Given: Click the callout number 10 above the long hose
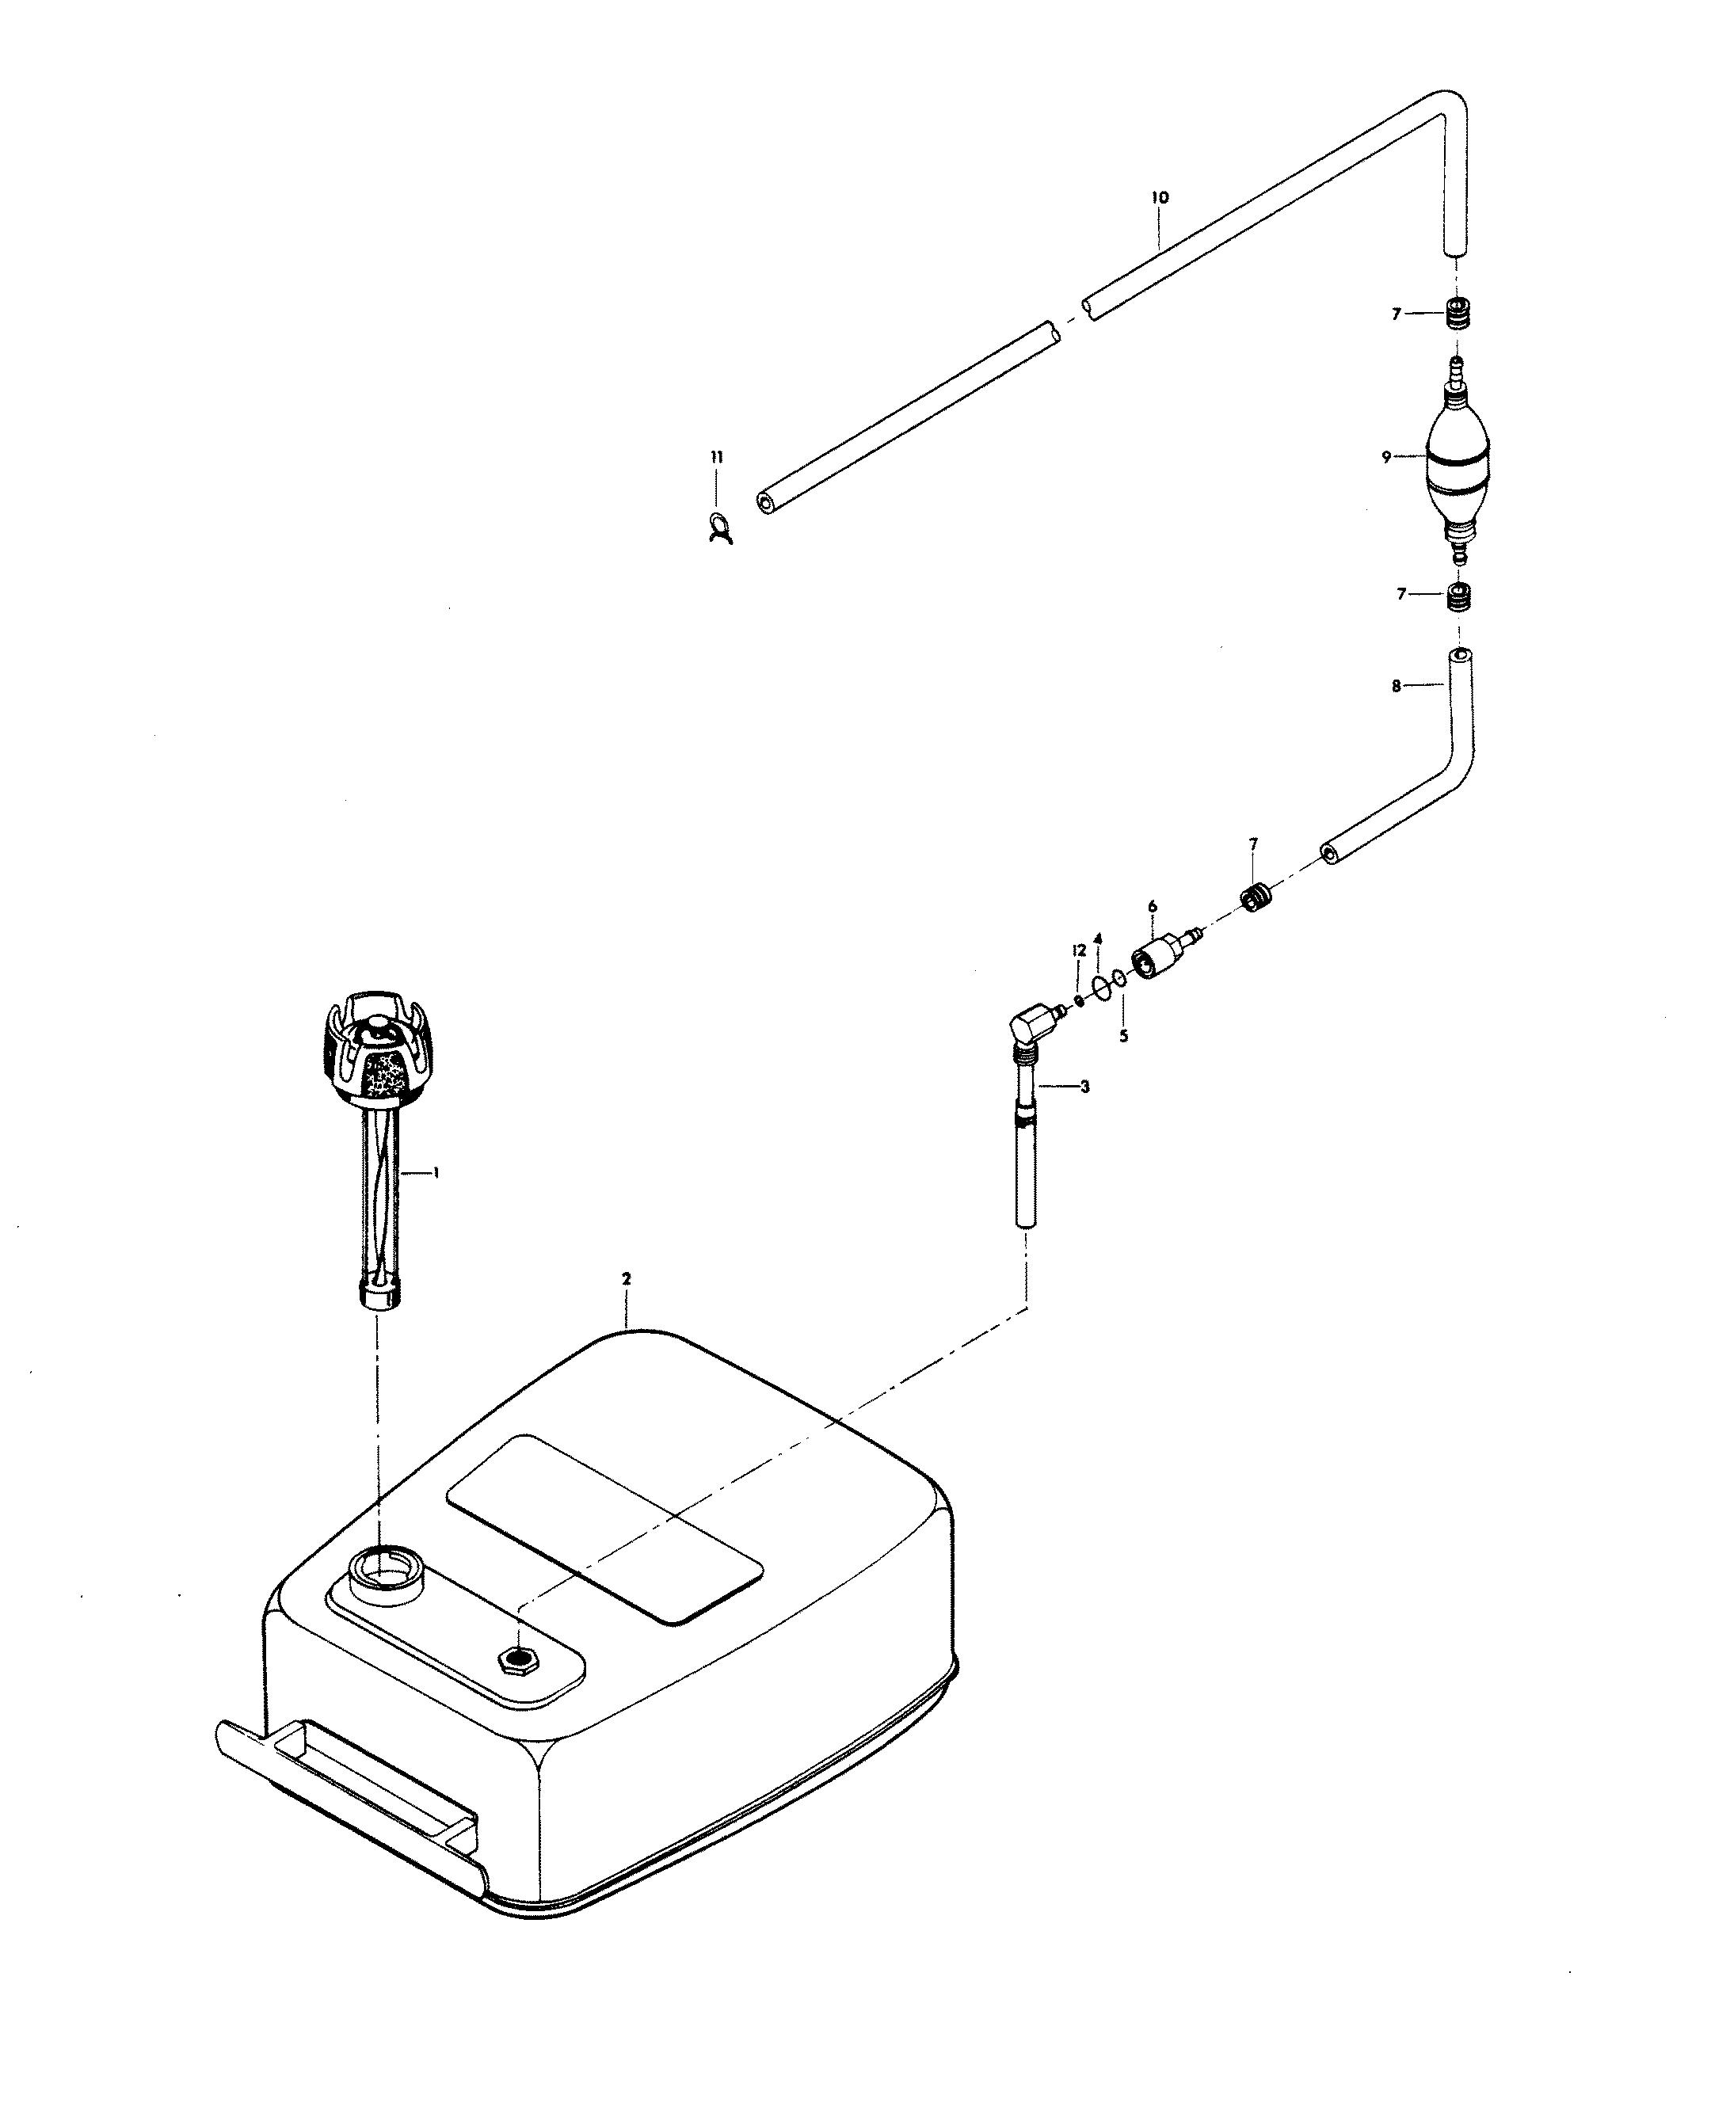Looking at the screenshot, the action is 1159,198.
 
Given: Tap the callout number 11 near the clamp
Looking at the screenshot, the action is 717,457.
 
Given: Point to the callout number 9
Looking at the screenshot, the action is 1385,457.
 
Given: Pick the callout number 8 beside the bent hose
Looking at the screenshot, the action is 1396,687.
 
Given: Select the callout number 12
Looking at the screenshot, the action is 1079,951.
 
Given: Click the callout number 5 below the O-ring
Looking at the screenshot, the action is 1123,1036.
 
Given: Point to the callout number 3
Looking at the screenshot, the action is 1085,1087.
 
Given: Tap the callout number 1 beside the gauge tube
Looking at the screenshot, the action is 436,1173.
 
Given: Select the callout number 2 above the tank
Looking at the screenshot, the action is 626,1278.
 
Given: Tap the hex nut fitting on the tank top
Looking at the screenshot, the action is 516,1659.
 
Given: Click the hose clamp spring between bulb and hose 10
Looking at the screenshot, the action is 1457,314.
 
